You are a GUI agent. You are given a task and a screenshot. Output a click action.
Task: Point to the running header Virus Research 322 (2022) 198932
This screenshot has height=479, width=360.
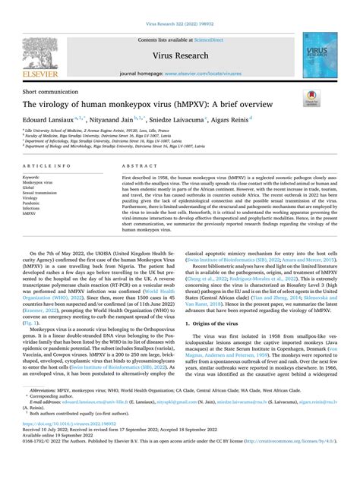click(x=179, y=7)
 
